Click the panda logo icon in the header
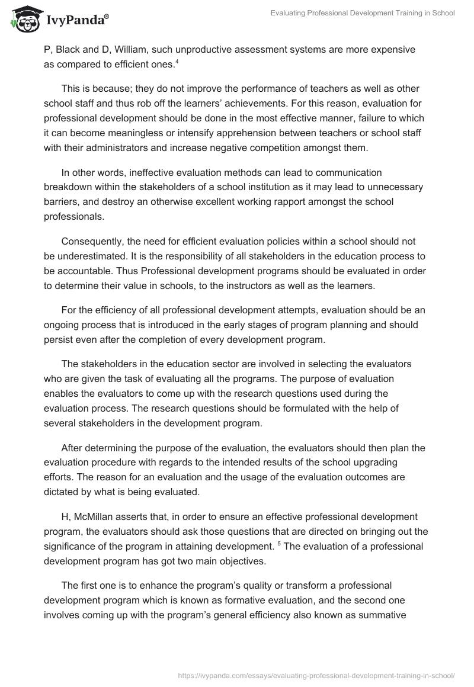23,20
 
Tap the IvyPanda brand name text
76,20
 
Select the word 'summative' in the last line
384,615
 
